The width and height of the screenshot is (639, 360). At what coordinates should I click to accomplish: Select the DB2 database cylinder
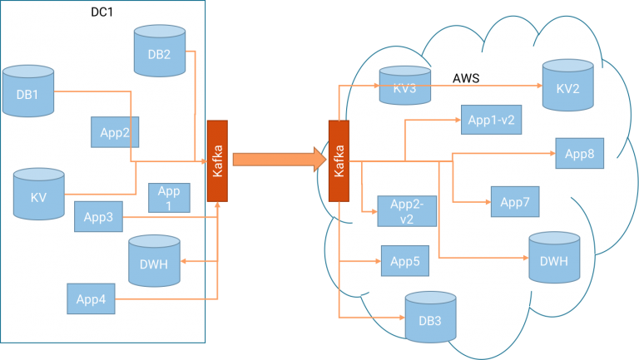click(x=159, y=52)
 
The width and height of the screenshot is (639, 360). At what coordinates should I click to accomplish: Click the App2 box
click(x=114, y=131)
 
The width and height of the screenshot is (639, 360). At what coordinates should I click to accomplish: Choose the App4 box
click(x=91, y=299)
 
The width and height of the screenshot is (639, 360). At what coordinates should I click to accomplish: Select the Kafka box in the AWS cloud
click(x=339, y=160)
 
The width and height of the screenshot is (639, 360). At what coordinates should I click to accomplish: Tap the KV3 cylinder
click(x=404, y=86)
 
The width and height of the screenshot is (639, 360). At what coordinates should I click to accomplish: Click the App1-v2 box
click(x=491, y=120)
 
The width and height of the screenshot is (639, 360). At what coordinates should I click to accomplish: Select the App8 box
click(x=579, y=153)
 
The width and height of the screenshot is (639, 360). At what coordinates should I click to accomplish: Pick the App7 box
click(x=515, y=201)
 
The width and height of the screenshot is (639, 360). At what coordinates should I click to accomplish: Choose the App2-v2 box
click(x=407, y=211)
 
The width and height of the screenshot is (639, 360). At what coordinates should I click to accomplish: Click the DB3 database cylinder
click(x=430, y=317)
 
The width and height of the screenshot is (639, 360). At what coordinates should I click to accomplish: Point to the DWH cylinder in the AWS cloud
click(x=553, y=258)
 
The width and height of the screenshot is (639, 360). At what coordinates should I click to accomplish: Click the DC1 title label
click(x=102, y=12)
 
